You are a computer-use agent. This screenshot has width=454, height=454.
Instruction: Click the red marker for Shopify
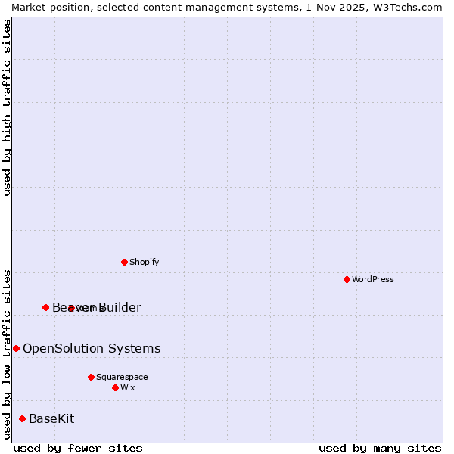click(124, 262)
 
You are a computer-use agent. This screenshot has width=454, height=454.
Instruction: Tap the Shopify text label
click(144, 263)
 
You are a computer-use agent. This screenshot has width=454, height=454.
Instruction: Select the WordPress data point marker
click(347, 279)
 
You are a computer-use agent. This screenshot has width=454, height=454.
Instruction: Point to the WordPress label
click(373, 280)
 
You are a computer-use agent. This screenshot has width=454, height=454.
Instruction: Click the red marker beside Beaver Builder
click(45, 307)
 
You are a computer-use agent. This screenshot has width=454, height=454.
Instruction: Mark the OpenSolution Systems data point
click(16, 348)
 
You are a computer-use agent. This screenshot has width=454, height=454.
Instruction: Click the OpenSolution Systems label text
click(92, 349)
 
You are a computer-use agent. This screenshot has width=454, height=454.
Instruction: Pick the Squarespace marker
click(91, 377)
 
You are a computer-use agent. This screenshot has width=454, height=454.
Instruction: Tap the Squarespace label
click(122, 378)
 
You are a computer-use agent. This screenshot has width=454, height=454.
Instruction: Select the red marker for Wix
click(115, 387)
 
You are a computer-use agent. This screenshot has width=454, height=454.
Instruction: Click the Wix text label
click(128, 388)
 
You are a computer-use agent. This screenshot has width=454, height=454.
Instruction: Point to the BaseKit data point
click(22, 418)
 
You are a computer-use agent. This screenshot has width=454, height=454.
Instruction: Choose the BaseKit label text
click(51, 419)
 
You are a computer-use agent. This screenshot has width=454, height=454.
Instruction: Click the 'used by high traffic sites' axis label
click(8, 107)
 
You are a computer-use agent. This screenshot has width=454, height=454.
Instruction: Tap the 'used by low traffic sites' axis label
click(8, 353)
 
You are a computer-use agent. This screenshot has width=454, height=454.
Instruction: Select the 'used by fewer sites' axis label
click(78, 449)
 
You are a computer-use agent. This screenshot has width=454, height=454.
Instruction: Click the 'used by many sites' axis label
click(380, 449)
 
